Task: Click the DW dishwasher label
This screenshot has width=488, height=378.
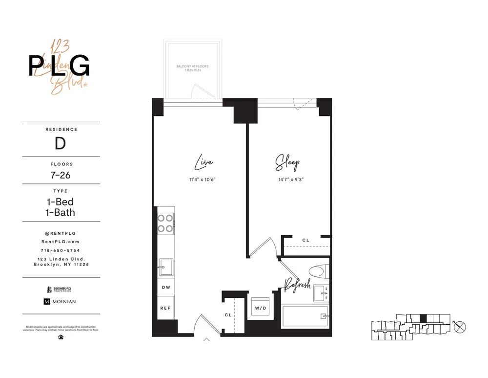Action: [x=166, y=288]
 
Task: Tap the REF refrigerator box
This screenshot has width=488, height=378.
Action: [x=166, y=309]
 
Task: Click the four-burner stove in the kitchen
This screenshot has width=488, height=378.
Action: [x=166, y=223]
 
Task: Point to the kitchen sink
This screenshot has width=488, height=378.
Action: [x=165, y=267]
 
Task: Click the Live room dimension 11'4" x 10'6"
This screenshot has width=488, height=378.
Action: [x=202, y=179]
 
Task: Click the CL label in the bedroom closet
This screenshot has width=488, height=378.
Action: [x=306, y=240]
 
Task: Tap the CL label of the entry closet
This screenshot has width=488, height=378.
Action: [x=228, y=315]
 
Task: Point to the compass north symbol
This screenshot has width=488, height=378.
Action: [x=460, y=327]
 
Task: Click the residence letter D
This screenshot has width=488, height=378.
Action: [x=61, y=144]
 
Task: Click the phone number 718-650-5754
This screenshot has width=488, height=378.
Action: [x=61, y=250]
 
